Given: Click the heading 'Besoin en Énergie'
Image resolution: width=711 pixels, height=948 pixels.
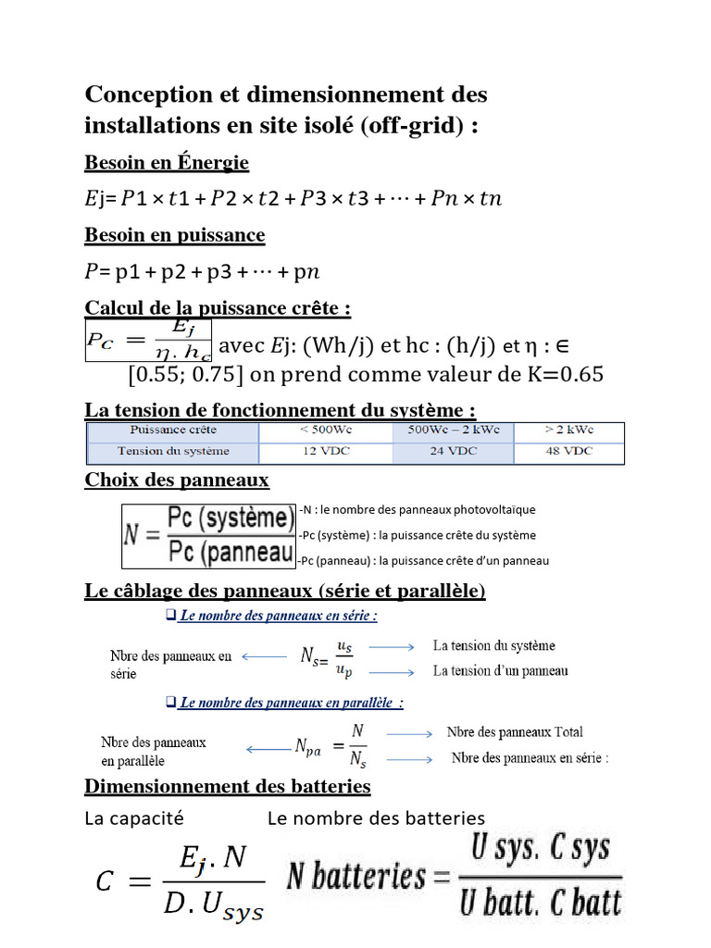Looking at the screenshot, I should click(x=167, y=163).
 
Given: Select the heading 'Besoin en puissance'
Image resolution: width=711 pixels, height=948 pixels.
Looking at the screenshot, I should click(x=175, y=235).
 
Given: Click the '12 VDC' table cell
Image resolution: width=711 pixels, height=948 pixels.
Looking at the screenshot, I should click(x=325, y=451).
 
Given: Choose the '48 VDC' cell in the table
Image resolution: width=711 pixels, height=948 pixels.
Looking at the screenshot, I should click(x=568, y=451).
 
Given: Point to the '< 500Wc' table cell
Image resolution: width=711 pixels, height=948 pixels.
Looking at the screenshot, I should click(x=325, y=430).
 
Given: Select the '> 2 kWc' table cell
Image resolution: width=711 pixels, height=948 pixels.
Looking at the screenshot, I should click(x=568, y=430).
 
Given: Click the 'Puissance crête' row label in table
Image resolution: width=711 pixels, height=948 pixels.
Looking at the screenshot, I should click(x=173, y=430).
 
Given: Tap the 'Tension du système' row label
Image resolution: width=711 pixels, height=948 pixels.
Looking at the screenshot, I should click(x=173, y=451).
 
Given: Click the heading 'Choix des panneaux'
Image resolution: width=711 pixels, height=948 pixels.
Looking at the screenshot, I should click(x=177, y=480).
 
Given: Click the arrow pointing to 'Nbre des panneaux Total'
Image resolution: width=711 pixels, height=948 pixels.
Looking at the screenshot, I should click(x=409, y=733).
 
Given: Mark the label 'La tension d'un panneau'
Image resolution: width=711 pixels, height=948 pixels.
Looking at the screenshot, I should click(x=500, y=670).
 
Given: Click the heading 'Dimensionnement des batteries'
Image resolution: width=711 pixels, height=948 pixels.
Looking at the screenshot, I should click(x=228, y=787).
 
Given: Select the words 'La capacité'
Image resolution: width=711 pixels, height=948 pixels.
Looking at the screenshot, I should click(x=134, y=818).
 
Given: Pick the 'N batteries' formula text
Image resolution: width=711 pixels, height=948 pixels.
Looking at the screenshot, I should click(x=356, y=876).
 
